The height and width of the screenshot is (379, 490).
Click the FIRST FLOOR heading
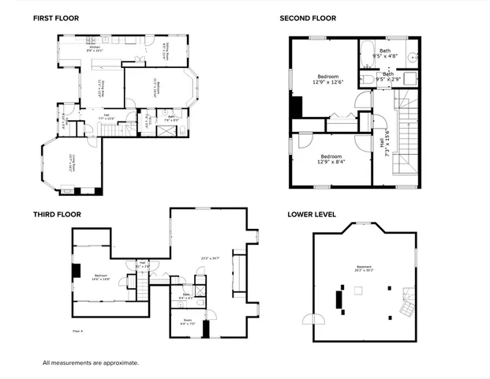(x=54, y=17)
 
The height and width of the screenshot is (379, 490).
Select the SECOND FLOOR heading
(x=308, y=17)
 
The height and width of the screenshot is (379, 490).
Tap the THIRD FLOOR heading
(x=56, y=214)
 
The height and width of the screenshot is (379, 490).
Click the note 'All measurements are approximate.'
(x=90, y=362)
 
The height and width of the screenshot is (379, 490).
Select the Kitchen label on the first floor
(x=95, y=49)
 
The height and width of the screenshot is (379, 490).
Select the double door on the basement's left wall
(x=309, y=317)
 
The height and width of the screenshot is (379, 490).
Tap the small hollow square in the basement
(x=357, y=290)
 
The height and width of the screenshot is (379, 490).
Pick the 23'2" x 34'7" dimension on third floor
(x=209, y=258)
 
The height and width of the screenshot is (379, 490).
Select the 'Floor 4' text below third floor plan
(x=77, y=331)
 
